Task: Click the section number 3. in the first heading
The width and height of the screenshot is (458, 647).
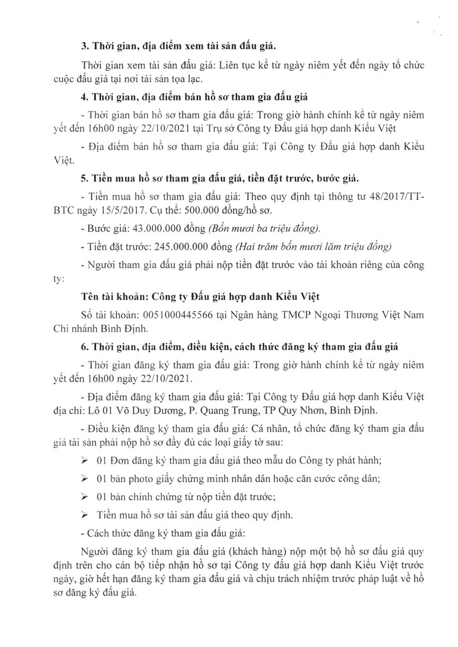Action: (x=86, y=47)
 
